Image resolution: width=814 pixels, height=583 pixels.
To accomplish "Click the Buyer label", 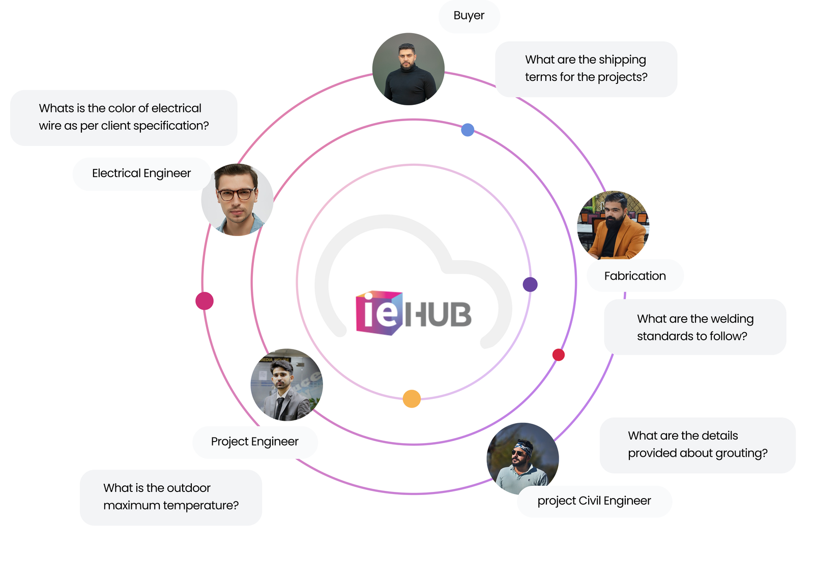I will (469, 16).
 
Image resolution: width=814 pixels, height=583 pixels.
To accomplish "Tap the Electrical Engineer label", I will (141, 173).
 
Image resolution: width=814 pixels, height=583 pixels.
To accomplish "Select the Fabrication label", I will (634, 276).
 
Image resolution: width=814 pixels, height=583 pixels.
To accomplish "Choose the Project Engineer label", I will (254, 442).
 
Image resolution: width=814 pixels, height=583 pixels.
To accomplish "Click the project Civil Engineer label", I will (594, 501).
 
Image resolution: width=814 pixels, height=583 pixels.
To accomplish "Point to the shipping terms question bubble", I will (586, 69).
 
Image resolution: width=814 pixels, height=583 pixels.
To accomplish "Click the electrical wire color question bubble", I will (124, 118).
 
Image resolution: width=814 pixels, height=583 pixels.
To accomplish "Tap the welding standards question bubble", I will (694, 327).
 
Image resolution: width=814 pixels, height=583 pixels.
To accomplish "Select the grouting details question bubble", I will (697, 445).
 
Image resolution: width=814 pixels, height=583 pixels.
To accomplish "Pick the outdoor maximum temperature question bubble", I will (170, 497).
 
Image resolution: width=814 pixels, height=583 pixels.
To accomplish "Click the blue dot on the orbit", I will (468, 130).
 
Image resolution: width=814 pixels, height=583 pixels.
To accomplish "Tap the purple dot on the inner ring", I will (530, 284).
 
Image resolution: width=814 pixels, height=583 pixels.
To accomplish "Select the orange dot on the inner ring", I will (412, 399).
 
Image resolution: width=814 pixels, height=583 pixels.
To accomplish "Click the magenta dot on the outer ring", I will (205, 301).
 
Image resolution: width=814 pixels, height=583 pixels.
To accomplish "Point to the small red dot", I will (559, 355).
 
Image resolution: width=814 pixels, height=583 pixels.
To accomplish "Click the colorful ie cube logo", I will (379, 312).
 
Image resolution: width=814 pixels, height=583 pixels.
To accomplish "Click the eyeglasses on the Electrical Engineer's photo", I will (236, 194).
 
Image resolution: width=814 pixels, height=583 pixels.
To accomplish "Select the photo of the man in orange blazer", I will (613, 226).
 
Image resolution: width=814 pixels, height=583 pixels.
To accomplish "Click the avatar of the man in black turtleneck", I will (408, 69).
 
